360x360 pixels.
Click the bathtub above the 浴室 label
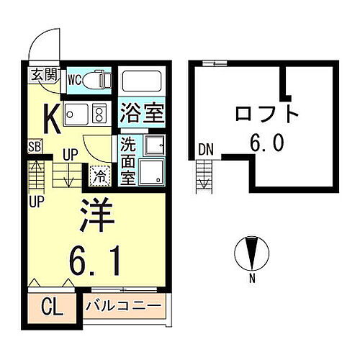141,81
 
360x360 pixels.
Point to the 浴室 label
142,113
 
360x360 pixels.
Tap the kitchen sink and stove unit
84,113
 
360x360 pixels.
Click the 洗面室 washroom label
127,160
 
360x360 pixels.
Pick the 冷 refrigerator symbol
100,174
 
